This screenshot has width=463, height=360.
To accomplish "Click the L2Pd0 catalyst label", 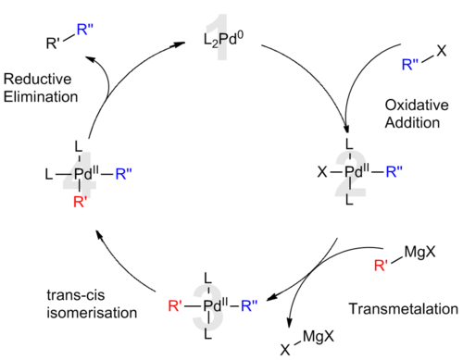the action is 223,40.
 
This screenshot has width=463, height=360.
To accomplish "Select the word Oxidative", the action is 417,106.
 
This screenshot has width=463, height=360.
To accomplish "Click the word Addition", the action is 412,123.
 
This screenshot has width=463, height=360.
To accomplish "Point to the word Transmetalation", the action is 404,309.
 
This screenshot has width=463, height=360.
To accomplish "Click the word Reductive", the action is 37,79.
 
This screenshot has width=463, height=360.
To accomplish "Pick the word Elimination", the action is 41,97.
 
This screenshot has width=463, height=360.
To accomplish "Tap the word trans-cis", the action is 76,295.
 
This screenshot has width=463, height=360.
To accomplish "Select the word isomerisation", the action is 92,313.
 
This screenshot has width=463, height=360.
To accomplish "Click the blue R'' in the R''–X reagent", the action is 410,65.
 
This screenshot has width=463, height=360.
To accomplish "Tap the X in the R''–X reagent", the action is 442,51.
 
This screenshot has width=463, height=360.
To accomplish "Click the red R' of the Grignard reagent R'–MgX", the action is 381,265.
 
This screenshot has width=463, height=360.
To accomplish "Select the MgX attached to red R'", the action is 420,253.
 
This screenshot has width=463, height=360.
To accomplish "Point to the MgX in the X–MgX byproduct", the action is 319,336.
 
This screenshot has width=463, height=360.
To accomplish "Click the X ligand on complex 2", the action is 322,172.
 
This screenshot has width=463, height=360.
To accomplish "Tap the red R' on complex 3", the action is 175,306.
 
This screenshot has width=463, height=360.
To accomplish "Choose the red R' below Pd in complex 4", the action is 81,202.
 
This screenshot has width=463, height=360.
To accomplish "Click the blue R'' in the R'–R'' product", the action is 85,30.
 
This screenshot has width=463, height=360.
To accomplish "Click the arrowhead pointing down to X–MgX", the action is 289,323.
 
